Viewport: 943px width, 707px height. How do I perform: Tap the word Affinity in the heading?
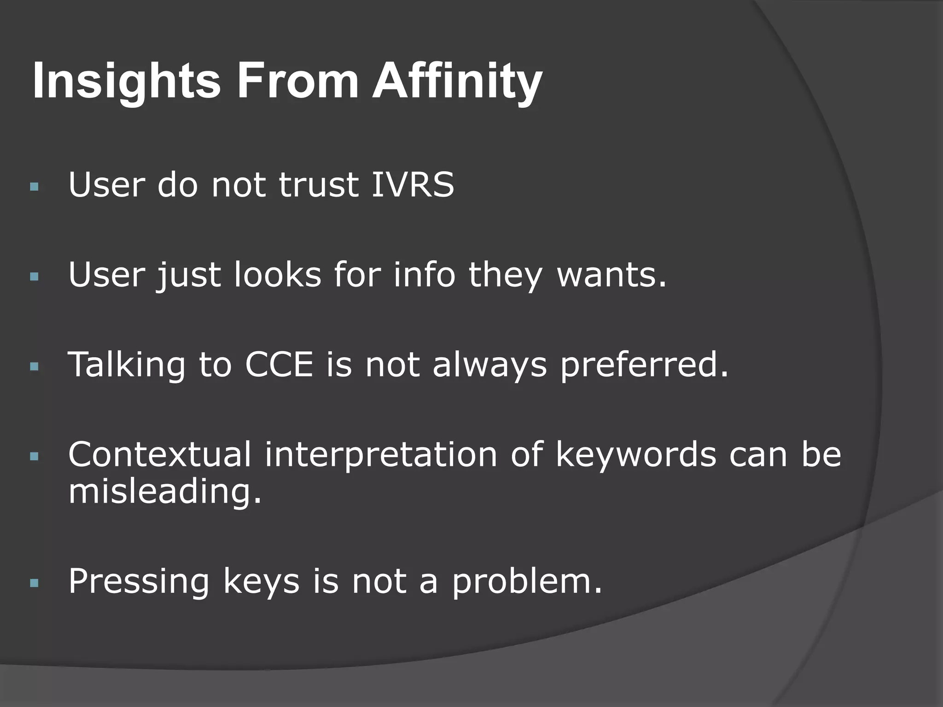(x=457, y=82)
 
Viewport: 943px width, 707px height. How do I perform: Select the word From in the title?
(x=297, y=82)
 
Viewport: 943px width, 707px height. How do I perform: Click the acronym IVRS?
(x=413, y=185)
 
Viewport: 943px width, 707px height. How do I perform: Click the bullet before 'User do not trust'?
(x=34, y=187)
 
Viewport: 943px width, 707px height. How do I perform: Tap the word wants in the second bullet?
(x=611, y=275)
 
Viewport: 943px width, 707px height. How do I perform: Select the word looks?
(x=277, y=275)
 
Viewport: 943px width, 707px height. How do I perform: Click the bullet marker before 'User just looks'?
(x=34, y=277)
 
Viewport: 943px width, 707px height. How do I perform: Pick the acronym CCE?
(x=279, y=365)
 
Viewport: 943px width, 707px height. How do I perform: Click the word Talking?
(x=127, y=365)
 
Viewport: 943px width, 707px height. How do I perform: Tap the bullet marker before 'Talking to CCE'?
(x=34, y=367)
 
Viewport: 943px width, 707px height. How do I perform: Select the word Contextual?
(x=160, y=454)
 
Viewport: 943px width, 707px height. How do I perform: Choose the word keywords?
(x=636, y=454)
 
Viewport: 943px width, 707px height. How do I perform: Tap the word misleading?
(x=165, y=492)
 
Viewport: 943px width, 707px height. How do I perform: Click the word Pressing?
(x=139, y=582)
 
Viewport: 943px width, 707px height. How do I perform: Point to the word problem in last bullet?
(x=527, y=582)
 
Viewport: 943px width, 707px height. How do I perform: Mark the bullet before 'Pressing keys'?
(x=34, y=584)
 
